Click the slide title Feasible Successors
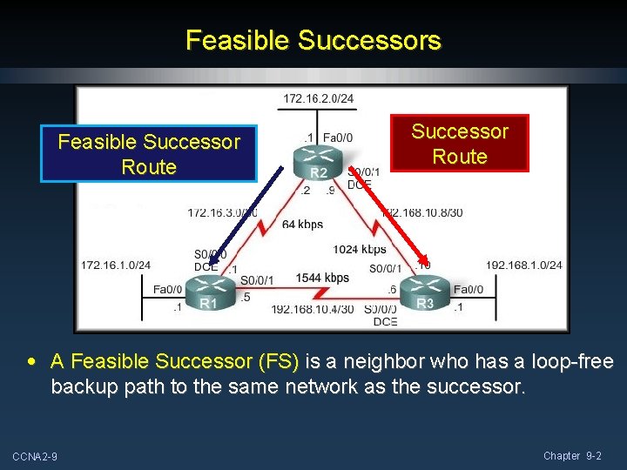[313, 40]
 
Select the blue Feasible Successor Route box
[149, 154]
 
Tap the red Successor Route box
[459, 144]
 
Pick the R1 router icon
[205, 291]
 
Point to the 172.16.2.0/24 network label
[319, 98]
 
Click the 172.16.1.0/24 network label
[116, 265]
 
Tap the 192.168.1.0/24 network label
[523, 265]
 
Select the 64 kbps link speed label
[302, 225]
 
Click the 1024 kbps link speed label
[360, 250]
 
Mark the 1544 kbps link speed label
[322, 278]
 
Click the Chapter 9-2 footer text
[572, 456]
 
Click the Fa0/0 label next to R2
[338, 137]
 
